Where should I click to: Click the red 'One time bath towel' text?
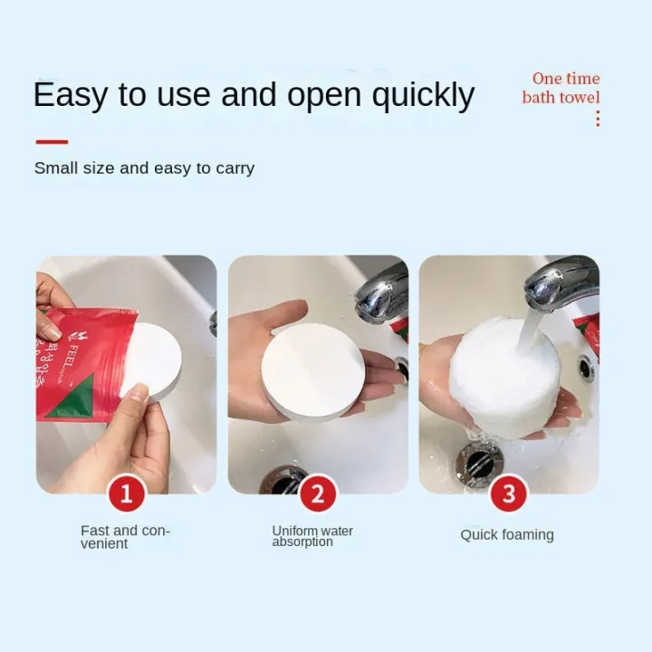[561, 88]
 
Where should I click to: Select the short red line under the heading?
[52, 141]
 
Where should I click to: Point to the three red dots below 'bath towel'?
[598, 118]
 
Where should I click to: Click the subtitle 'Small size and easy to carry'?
[144, 168]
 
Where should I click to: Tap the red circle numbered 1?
[127, 494]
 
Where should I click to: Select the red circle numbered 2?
[318, 494]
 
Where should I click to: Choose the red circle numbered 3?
[509, 494]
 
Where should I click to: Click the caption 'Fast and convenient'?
[125, 537]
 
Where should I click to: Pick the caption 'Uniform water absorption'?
[312, 536]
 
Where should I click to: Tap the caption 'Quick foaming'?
[506, 535]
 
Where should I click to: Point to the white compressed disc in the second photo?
[313, 371]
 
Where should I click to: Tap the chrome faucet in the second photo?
[380, 292]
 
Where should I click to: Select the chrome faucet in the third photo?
[561, 283]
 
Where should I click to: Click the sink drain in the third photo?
[478, 464]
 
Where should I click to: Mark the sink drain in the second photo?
[283, 481]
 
